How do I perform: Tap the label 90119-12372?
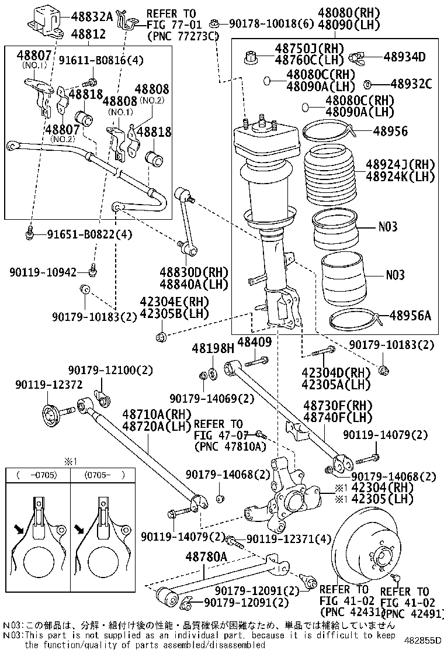point(49,384)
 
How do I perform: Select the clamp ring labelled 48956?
point(329,130)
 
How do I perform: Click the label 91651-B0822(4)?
point(90,234)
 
